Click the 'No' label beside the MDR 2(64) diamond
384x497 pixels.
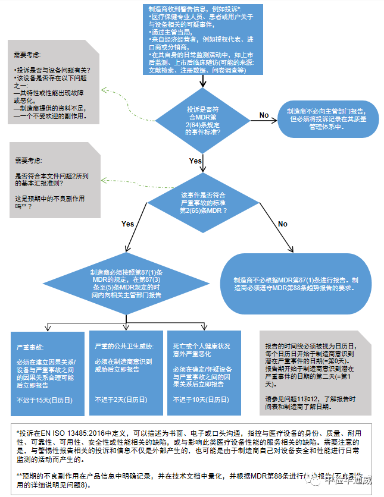click(264, 115)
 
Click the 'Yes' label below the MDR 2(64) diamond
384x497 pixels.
click(195, 161)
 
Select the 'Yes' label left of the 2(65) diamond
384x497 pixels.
click(127, 224)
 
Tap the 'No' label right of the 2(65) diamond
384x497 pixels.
click(282, 224)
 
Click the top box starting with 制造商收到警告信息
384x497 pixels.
click(203, 39)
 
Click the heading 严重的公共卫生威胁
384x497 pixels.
click(124, 345)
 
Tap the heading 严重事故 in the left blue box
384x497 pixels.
click(30, 347)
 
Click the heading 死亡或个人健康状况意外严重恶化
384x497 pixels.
click(201, 350)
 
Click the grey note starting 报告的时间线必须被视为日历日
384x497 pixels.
click(316, 372)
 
